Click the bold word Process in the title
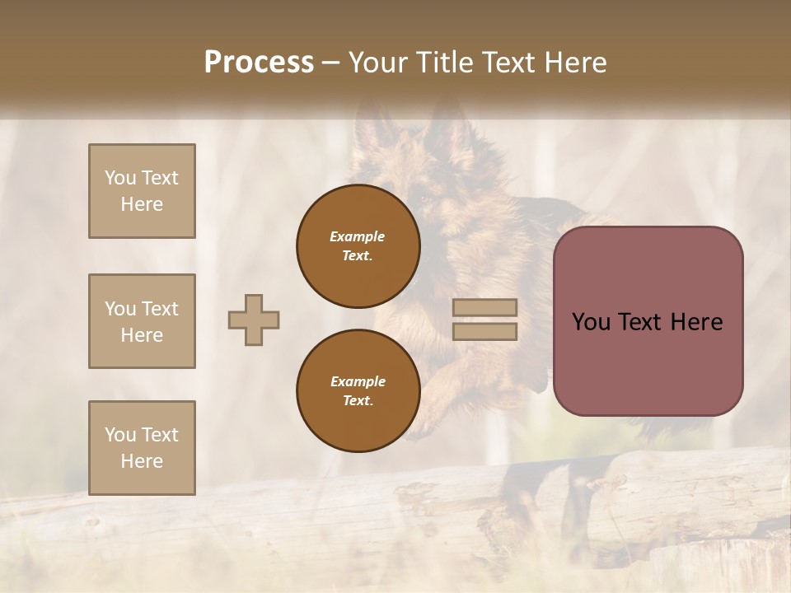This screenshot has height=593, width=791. tap(259, 63)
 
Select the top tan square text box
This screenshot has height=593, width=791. tap(142, 191)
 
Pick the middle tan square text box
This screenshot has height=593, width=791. tap(142, 321)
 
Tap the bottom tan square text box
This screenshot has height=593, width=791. tap(142, 448)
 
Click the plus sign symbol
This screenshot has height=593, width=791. tap(254, 320)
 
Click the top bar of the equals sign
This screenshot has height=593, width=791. tap(485, 307)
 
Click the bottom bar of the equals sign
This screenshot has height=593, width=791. tap(485, 331)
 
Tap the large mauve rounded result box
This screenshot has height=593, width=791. tap(648, 362)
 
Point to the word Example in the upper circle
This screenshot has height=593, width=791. tap(357, 236)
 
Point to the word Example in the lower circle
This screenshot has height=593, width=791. tap(358, 381)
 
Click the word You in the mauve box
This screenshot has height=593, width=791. tap(591, 322)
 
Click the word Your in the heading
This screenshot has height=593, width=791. tap(380, 63)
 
